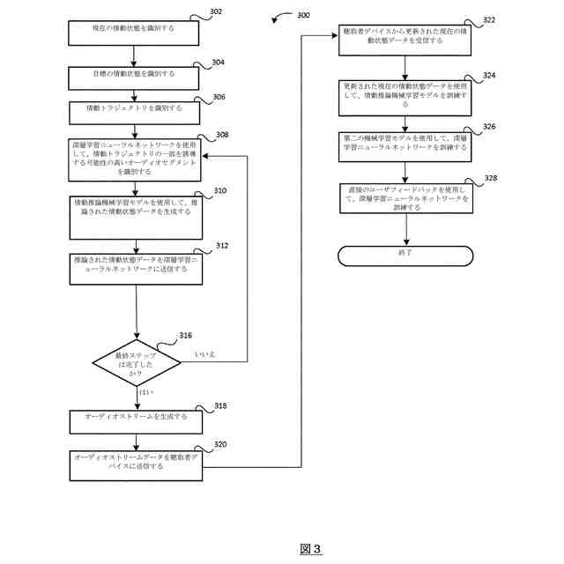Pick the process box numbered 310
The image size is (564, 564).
(x=137, y=216)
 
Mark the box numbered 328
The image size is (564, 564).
(x=406, y=197)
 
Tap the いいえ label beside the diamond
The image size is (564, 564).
(x=204, y=354)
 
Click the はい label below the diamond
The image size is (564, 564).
(x=145, y=393)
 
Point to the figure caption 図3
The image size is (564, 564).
(x=310, y=548)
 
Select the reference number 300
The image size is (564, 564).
(x=302, y=16)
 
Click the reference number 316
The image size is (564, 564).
(x=185, y=336)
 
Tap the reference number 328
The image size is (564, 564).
(x=490, y=179)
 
